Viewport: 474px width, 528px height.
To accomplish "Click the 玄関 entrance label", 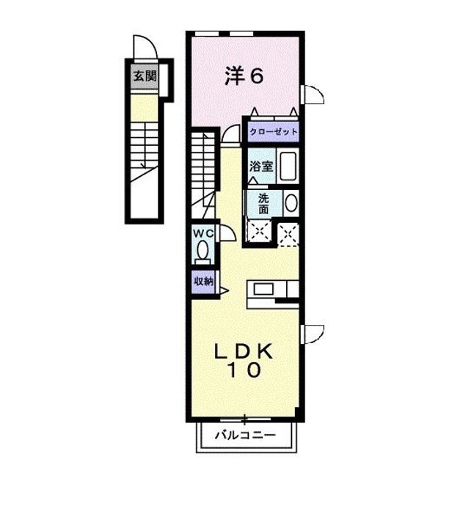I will coord(144,75).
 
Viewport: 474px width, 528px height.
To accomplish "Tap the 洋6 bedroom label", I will coord(243,76).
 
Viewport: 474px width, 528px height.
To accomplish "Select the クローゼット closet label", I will coord(274,132).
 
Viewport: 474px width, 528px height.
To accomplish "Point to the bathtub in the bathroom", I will coord(288,167).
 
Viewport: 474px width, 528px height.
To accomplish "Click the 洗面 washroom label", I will coord(262,204).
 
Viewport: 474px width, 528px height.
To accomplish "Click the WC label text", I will coord(203,232).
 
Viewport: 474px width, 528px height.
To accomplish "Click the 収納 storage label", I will coord(203,280).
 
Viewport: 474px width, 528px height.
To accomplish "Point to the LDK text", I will coord(244,352).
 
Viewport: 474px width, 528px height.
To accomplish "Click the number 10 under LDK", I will coord(244,372).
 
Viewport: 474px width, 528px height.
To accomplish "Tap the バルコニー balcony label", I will coord(245,435).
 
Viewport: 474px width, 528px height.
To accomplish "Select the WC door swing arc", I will coord(227,233).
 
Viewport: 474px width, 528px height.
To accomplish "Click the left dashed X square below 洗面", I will coord(258,234).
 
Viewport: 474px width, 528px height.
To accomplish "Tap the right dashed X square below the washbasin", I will coord(288,234).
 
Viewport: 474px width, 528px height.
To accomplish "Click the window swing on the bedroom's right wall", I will coord(313,95).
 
